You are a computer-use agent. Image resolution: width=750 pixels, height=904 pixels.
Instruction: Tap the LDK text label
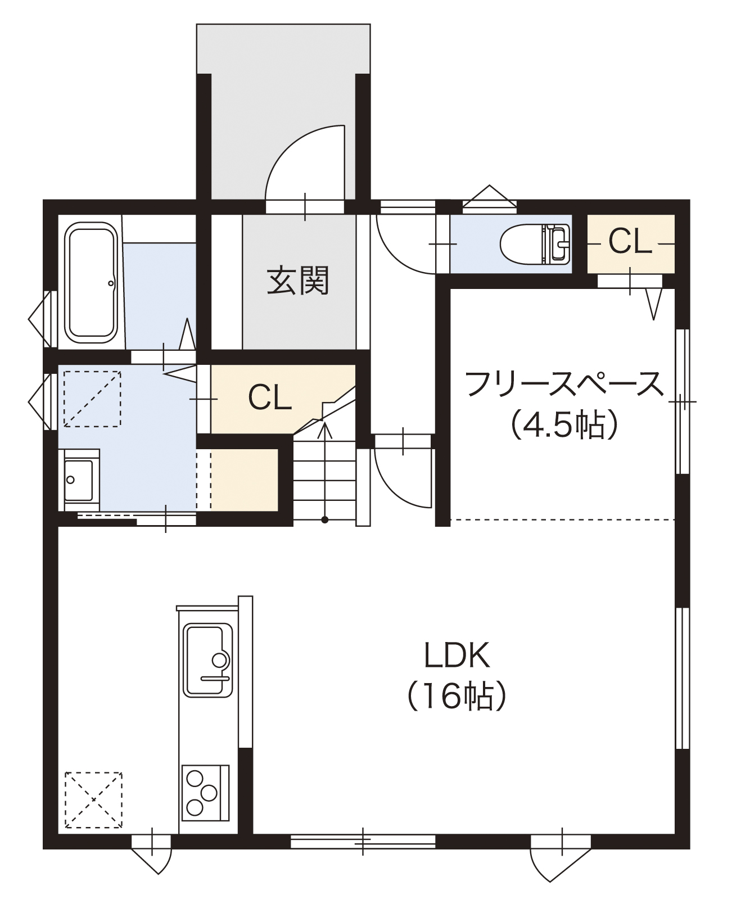[457, 655]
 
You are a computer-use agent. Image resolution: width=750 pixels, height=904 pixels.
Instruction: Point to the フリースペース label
[564, 385]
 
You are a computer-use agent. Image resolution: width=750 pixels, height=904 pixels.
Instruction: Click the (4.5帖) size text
[564, 425]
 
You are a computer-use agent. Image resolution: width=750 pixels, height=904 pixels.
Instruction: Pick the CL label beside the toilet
[630, 243]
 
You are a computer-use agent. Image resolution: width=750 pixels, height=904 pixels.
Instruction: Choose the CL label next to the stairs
[270, 398]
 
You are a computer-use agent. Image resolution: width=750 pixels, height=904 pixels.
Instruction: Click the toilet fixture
[534, 244]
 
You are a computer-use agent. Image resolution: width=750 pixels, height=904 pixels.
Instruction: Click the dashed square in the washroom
[92, 398]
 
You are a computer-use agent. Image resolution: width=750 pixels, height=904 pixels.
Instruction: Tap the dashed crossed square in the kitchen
[93, 800]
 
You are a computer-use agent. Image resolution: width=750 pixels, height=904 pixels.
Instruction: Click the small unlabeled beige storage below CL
[244, 480]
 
